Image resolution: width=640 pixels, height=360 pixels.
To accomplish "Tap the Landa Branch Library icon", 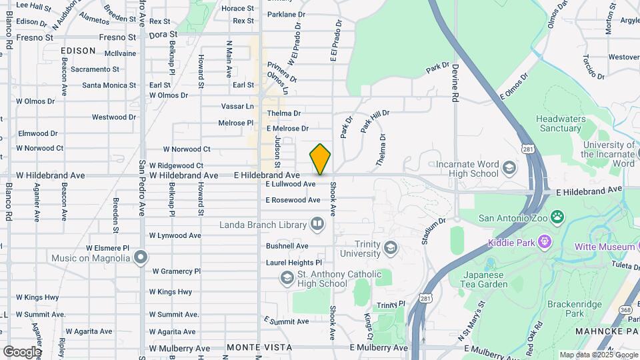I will (317, 224).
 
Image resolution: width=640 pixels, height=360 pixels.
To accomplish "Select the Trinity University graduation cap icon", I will (390, 249).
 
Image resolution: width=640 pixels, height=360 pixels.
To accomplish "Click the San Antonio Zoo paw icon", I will (557, 217).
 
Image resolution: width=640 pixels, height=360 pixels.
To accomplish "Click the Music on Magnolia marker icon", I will (140, 257).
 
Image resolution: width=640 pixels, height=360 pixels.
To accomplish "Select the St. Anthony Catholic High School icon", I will (287, 278).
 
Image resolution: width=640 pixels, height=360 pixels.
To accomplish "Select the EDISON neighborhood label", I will (78, 50).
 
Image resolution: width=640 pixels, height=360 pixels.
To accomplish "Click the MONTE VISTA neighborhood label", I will (250, 347).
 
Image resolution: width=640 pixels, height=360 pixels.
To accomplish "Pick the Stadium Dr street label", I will (433, 231).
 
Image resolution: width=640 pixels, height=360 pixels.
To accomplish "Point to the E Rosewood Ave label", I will (293, 200).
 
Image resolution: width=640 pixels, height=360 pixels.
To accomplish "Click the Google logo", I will (21, 351).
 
